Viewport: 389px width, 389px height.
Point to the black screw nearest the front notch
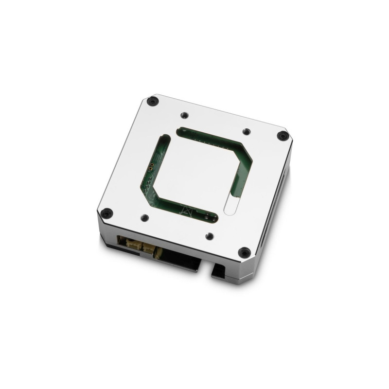[244, 252]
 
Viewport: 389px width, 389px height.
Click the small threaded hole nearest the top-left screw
[183, 115]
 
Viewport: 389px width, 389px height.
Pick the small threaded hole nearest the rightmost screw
[247, 131]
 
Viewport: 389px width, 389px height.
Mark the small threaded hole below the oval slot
[209, 236]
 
